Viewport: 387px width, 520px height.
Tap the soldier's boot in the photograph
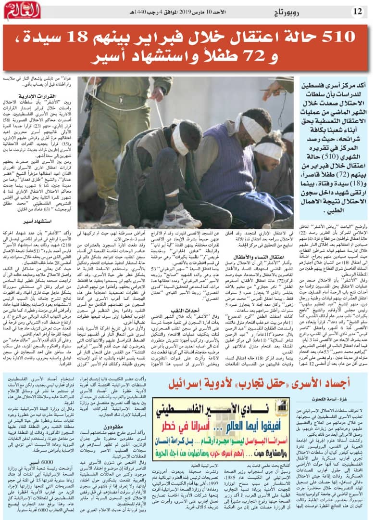108,210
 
